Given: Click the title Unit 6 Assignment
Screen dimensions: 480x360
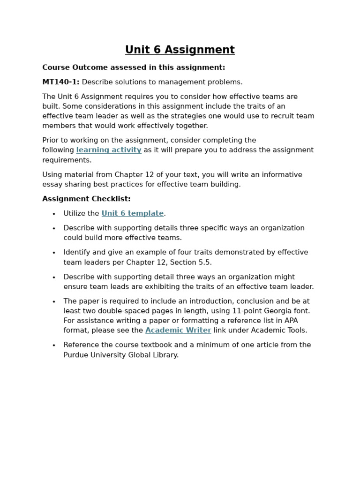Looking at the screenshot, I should tap(180, 50).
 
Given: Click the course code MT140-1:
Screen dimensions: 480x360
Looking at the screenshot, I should tap(61, 82).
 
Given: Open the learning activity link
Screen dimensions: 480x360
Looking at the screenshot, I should tap(109, 150).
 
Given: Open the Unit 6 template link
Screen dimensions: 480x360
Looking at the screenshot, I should tap(133, 213).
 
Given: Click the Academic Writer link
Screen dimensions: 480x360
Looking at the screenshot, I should tap(178, 330).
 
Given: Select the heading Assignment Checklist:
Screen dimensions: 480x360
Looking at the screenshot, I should tap(86, 199).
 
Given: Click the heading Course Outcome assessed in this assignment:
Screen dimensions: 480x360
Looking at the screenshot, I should tap(134, 67).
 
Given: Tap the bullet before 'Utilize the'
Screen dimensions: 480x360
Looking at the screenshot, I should tap(54, 214).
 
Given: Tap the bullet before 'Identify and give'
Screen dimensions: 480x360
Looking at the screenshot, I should tap(54, 253).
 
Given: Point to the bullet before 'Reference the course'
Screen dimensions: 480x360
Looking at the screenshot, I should tap(54, 345).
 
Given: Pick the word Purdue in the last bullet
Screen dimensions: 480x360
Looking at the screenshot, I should tap(76, 355).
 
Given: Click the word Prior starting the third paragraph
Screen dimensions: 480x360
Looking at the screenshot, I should tap(51, 140).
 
